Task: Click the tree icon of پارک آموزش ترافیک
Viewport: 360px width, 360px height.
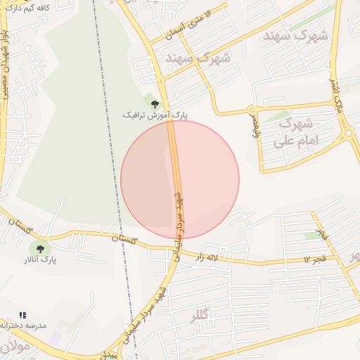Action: coord(155,104)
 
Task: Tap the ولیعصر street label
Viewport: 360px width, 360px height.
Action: coord(255,127)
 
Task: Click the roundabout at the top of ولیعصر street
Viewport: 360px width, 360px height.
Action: coord(252,110)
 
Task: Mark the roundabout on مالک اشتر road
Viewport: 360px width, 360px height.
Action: coord(347,132)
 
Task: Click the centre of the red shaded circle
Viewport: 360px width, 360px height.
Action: coord(180,180)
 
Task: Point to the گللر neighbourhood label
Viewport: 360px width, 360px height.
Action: coord(200,317)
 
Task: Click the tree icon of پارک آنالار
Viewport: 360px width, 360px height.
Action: coord(39,248)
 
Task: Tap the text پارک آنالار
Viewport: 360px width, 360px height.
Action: coord(39,261)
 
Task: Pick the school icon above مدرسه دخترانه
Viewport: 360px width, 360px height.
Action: coord(22,315)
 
